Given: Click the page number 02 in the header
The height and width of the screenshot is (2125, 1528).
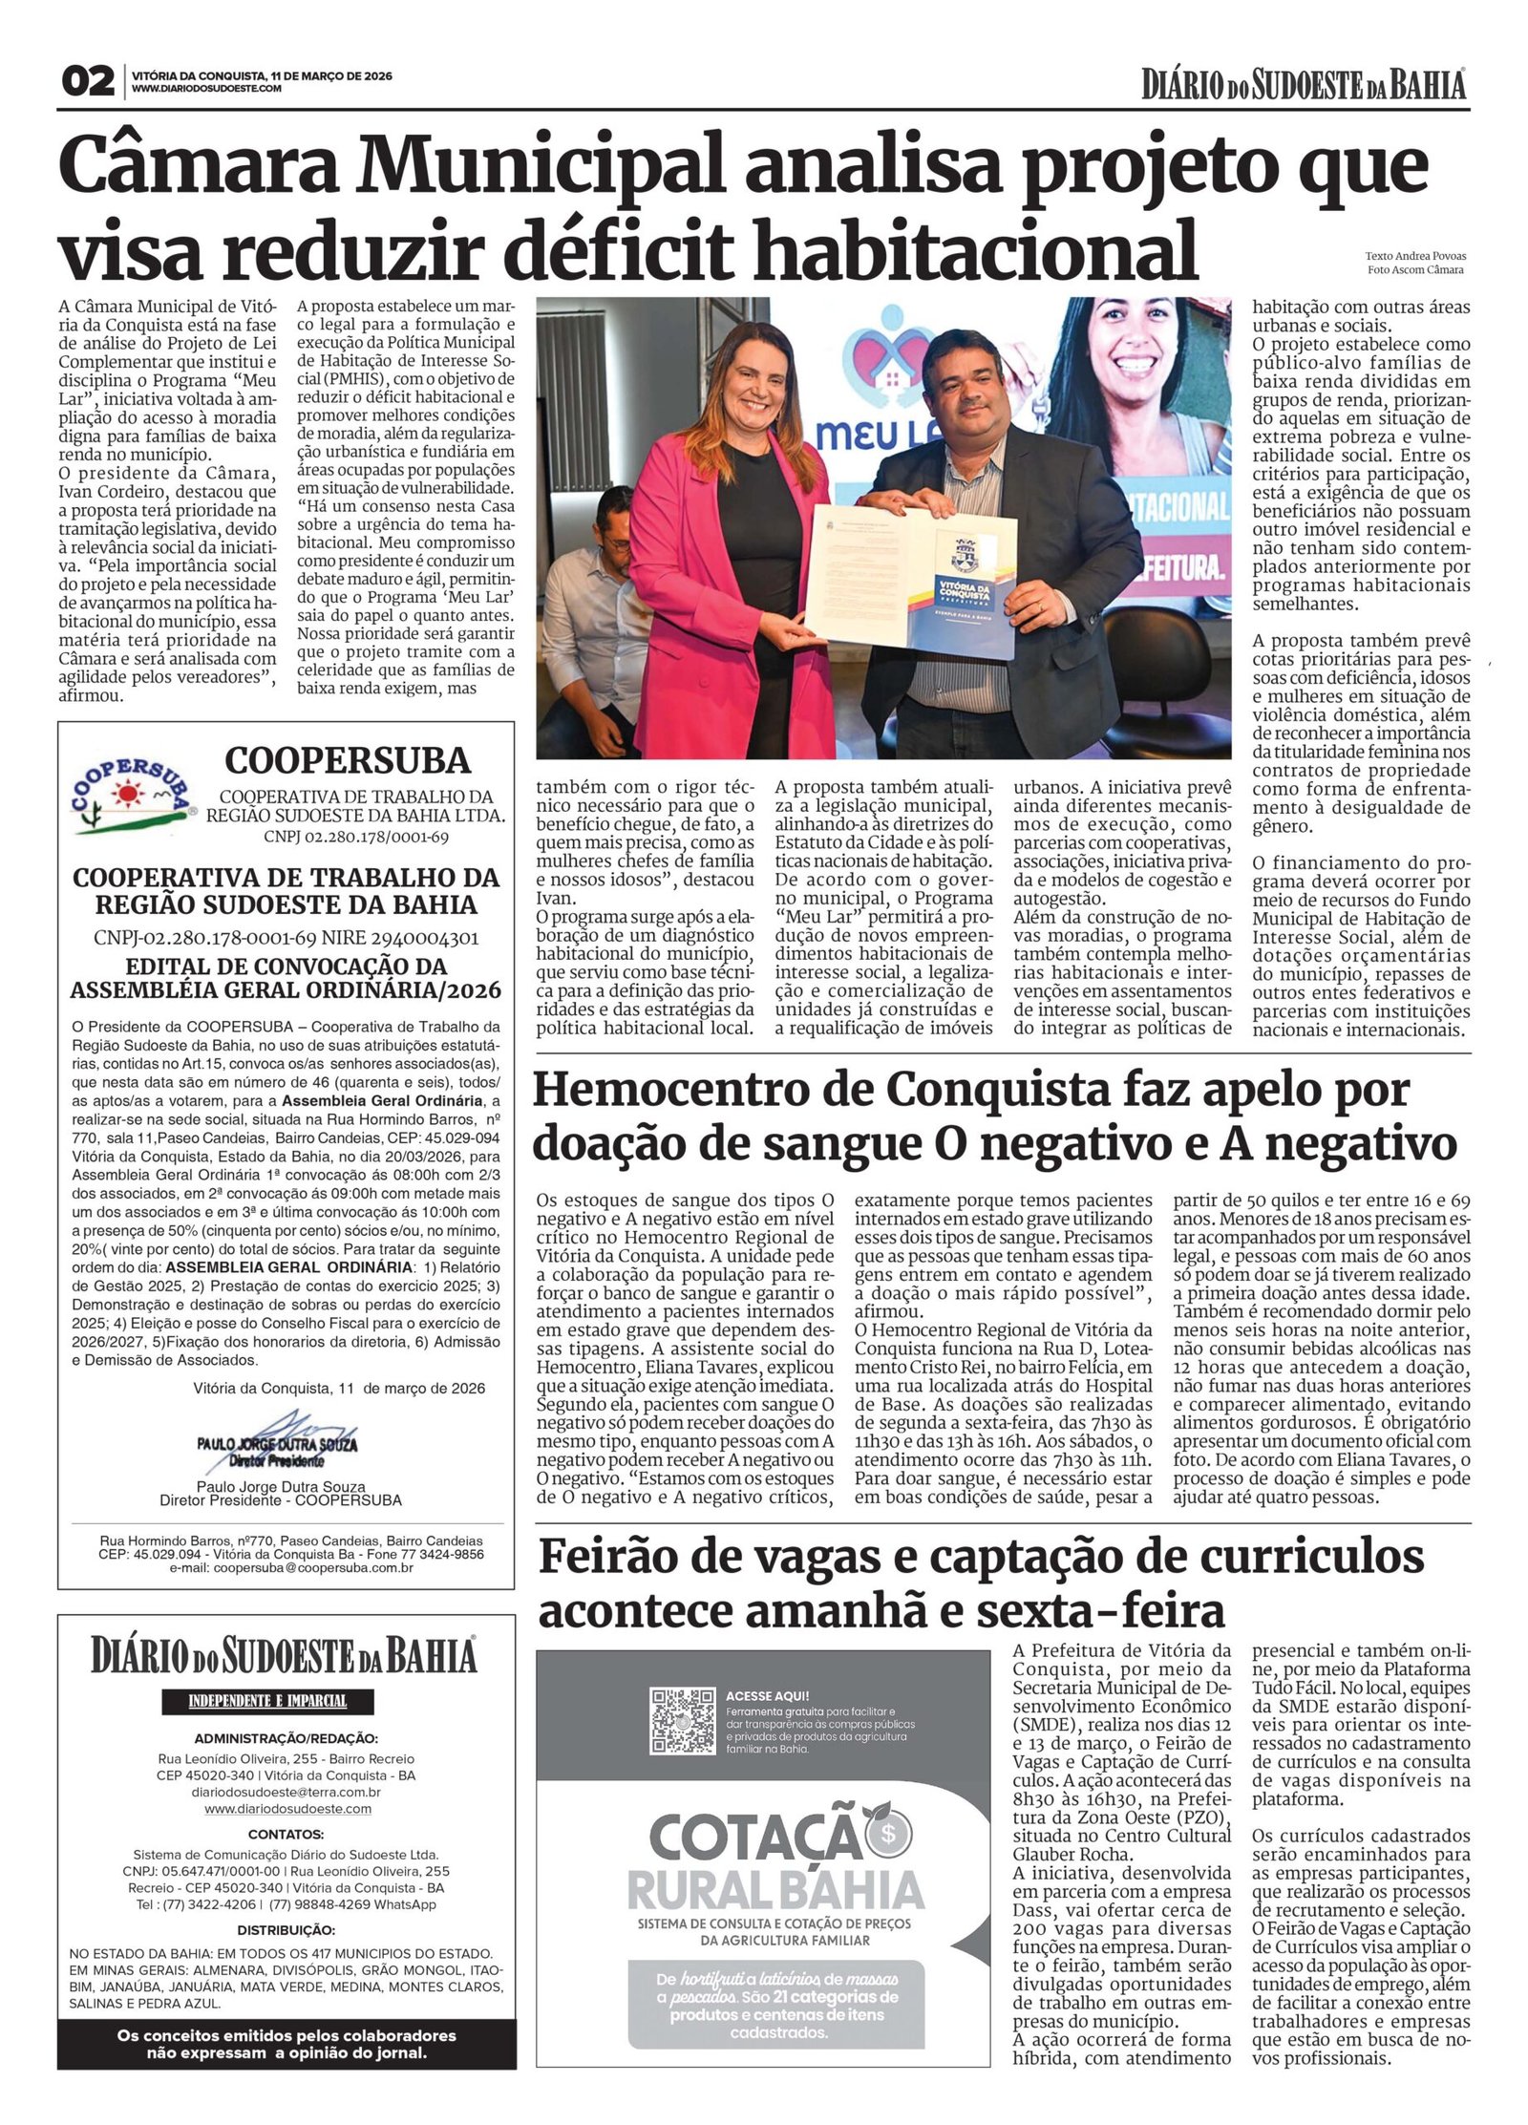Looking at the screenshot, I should (x=87, y=82).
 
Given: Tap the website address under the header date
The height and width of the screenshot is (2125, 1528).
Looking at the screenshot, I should (x=206, y=89).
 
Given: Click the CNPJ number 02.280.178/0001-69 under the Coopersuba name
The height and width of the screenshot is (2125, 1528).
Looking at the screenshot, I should (x=356, y=837).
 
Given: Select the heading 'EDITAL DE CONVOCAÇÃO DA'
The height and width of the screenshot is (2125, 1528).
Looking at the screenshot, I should (x=286, y=965).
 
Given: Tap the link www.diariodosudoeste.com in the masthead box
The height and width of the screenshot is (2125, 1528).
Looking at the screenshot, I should (x=287, y=1809).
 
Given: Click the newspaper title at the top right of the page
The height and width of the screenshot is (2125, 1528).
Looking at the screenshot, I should (x=1303, y=85).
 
